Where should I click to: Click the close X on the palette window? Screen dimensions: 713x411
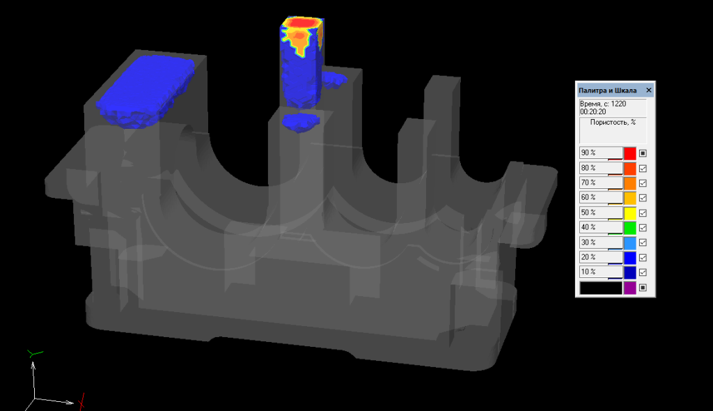tap(649, 90)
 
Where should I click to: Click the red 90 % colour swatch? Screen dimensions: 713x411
tap(629, 153)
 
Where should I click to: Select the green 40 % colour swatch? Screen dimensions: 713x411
tap(629, 228)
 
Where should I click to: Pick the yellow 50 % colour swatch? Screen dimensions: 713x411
tap(629, 213)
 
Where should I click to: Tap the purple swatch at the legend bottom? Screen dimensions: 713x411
tap(629, 288)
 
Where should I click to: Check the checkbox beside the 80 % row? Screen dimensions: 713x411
tap(643, 169)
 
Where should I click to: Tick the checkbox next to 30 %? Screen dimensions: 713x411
tap(643, 242)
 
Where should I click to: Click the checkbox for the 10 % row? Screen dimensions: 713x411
tap(643, 272)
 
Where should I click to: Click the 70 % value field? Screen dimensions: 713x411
tap(601, 183)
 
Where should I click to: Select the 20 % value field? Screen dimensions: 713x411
tap(601, 257)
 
